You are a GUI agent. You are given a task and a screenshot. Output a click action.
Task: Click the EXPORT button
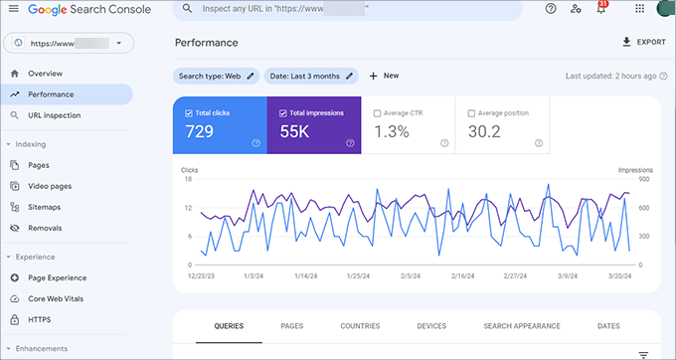pyautogui.click(x=642, y=43)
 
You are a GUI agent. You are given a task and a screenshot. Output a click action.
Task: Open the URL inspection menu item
pyautogui.click(x=55, y=115)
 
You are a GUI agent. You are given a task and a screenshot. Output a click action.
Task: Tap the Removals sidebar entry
pyautogui.click(x=46, y=228)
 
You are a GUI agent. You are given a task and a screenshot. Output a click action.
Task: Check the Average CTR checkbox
pyautogui.click(x=377, y=113)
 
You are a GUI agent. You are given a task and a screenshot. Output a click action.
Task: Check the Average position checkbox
pyautogui.click(x=471, y=113)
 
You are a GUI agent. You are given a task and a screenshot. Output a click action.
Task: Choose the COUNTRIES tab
pyautogui.click(x=360, y=326)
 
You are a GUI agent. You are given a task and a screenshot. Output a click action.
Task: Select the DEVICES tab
pyautogui.click(x=431, y=326)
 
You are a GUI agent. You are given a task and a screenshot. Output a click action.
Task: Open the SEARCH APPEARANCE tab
pyautogui.click(x=521, y=326)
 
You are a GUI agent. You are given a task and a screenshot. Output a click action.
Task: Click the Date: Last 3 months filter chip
pyautogui.click(x=310, y=76)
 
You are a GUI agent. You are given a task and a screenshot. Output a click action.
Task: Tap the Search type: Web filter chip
pyautogui.click(x=216, y=76)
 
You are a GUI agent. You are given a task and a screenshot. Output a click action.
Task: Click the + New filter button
pyautogui.click(x=384, y=76)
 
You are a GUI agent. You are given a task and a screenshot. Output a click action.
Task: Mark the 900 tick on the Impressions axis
pyautogui.click(x=643, y=179)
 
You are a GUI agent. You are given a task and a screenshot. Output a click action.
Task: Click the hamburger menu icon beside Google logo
pyautogui.click(x=13, y=9)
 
